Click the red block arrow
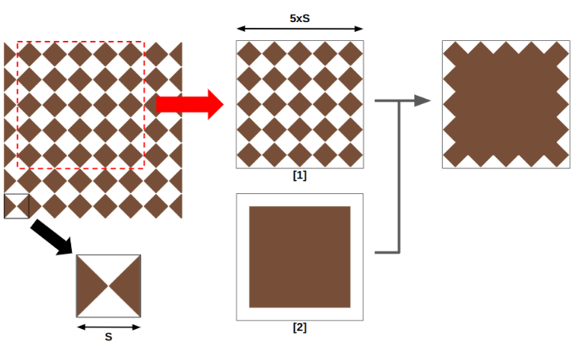coord(189,104)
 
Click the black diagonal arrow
coord(52,238)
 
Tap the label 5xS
coord(300,17)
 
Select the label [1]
coord(300,175)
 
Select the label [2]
coord(300,327)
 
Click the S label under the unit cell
coord(108,337)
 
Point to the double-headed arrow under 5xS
coord(300,29)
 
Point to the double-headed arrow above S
coord(108,326)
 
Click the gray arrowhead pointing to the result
coord(422,101)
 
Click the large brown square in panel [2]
coord(300,257)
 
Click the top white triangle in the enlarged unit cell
coord(108,267)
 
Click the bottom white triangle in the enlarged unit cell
coord(108,307)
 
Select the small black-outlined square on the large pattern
coord(16,206)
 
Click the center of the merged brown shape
coord(506,104)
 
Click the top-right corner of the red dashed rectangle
coord(144,41)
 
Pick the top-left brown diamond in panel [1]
coord(249,53)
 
